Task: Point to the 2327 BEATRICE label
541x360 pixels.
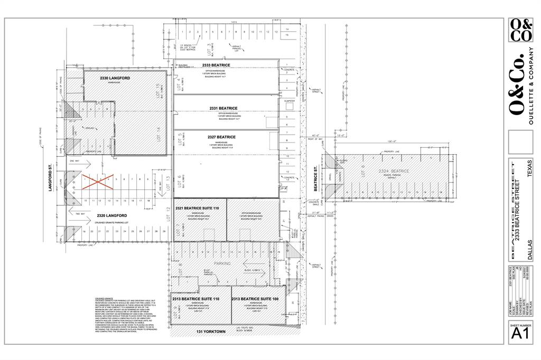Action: [x=222, y=137]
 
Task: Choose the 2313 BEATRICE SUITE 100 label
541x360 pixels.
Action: [x=255, y=299]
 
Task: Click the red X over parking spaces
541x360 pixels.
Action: [x=96, y=183]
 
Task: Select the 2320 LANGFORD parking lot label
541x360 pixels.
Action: [x=112, y=215]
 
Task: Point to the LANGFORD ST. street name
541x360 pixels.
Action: [x=53, y=178]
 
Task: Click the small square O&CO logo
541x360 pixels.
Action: [x=520, y=30]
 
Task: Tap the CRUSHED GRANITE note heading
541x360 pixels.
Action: [x=101, y=298]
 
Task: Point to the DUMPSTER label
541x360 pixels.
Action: [x=289, y=100]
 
